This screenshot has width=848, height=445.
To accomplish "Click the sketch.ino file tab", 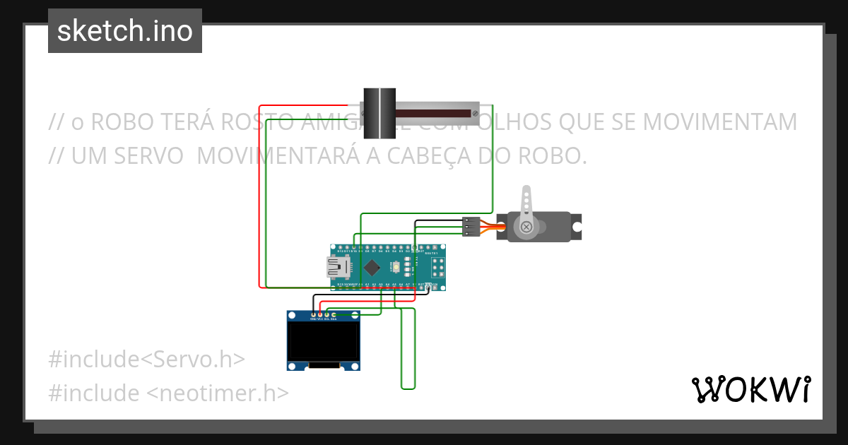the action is pyautogui.click(x=125, y=31).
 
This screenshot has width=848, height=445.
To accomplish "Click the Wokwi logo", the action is pyautogui.click(x=750, y=389).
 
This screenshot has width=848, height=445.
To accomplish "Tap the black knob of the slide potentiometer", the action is pyautogui.click(x=379, y=112).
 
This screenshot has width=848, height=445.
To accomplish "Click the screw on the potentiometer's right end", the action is pyautogui.click(x=477, y=112).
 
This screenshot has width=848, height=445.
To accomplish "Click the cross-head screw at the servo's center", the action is pyautogui.click(x=526, y=227).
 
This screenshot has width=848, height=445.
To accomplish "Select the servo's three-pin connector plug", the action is pyautogui.click(x=471, y=226).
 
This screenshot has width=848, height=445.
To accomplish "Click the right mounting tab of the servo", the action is pyautogui.click(x=577, y=227).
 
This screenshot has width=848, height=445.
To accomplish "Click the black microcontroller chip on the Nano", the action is pyautogui.click(x=371, y=267).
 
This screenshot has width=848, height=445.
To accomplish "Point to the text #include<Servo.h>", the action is pyautogui.click(x=147, y=359).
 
